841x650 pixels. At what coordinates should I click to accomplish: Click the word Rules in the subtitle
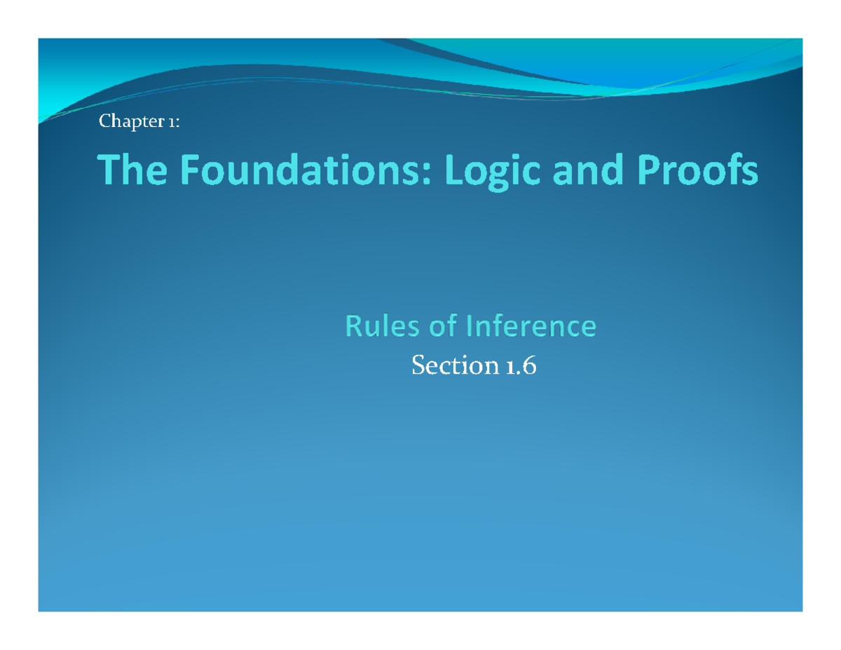(x=376, y=326)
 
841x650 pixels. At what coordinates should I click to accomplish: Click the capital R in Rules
(x=353, y=326)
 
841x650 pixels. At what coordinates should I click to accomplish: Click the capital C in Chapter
(x=105, y=123)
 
